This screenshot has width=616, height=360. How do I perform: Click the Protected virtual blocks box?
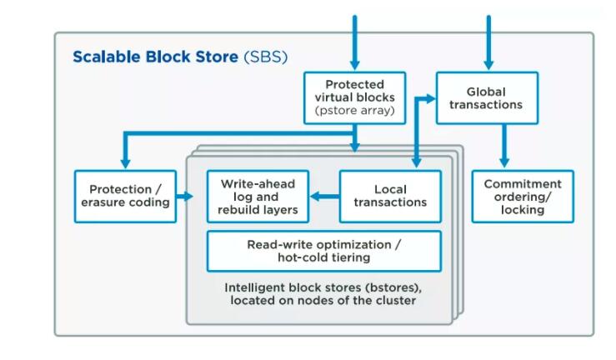[355, 97]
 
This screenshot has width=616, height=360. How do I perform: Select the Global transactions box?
[487, 97]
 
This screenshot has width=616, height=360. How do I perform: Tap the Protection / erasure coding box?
[125, 197]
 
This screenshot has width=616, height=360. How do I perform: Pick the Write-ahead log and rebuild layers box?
[258, 197]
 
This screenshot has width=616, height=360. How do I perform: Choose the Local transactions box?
[390, 197]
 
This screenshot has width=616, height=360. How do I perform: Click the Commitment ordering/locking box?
[523, 197]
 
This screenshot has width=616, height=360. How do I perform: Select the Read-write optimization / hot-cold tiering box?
[324, 252]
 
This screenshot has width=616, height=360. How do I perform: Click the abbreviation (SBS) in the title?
[266, 57]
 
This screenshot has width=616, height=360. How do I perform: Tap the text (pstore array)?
[355, 110]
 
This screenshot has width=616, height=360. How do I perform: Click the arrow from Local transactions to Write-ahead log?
[324, 196]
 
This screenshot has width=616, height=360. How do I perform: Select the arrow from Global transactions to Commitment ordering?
[504, 146]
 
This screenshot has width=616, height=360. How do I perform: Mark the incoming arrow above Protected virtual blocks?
[355, 42]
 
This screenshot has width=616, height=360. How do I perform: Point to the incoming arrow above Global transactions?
[488, 42]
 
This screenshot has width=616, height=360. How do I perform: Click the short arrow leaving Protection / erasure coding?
[185, 196]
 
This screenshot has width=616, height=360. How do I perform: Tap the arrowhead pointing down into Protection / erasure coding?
[125, 163]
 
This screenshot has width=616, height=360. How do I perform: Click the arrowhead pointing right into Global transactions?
[430, 99]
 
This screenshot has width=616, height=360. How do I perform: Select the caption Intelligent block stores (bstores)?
[323, 287]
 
